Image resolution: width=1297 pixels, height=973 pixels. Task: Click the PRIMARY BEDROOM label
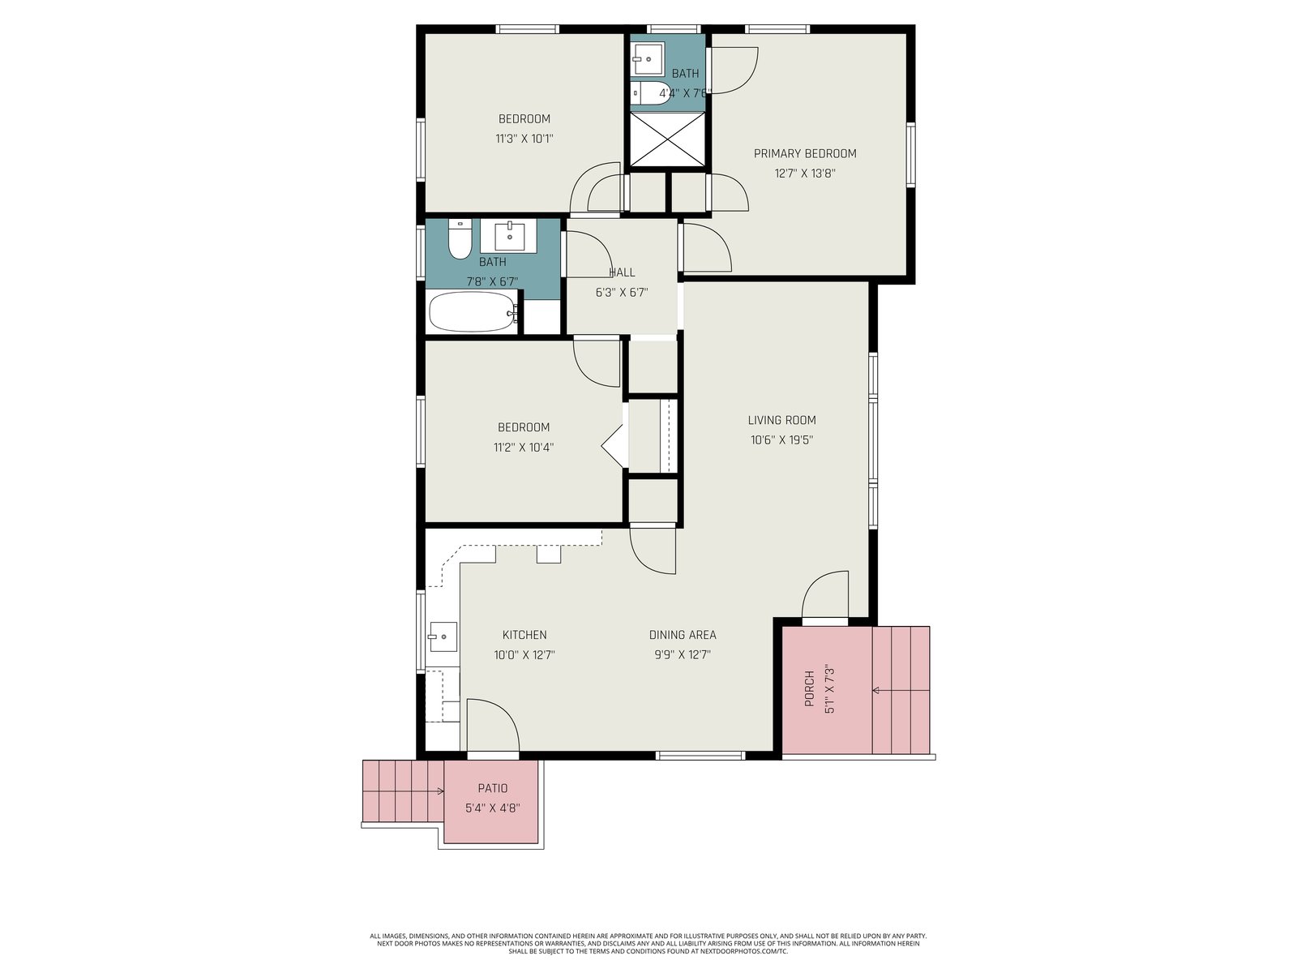(x=804, y=153)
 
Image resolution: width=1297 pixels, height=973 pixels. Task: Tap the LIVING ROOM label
(x=781, y=420)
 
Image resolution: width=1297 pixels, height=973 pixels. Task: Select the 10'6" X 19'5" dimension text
(x=781, y=439)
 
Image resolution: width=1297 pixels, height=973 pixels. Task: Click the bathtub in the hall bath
(x=473, y=311)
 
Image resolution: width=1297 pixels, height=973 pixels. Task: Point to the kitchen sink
(x=443, y=637)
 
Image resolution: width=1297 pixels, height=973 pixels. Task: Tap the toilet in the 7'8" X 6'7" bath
(x=459, y=238)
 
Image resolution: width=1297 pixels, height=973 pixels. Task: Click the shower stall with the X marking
(x=667, y=139)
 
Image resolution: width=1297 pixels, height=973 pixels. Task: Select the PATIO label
(x=492, y=788)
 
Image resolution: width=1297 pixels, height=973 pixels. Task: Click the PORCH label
(x=810, y=688)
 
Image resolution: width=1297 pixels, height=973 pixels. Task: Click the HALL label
(x=622, y=272)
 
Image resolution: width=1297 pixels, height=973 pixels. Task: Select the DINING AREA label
(x=683, y=635)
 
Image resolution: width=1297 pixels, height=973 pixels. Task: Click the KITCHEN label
(x=524, y=635)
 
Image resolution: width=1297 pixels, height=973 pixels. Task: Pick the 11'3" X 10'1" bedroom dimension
(x=524, y=139)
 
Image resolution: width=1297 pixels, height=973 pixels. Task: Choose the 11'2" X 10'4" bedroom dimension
(x=524, y=448)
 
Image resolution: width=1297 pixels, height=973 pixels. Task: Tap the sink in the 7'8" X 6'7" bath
(x=509, y=236)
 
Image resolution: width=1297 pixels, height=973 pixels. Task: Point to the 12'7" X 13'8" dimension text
(x=805, y=174)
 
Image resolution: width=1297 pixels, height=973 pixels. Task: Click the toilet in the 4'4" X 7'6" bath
(x=650, y=93)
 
